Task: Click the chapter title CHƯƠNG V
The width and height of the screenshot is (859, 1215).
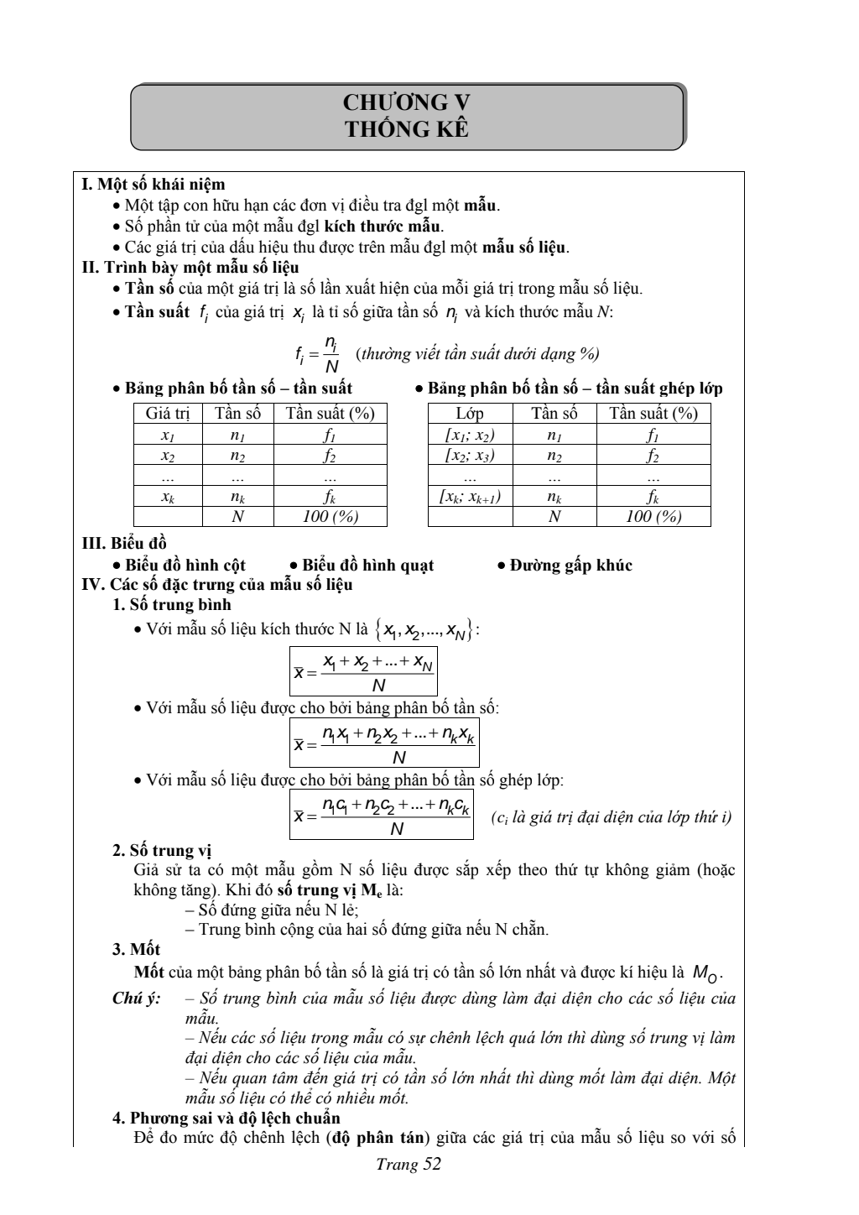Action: point(408,103)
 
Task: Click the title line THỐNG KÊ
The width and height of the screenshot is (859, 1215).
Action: point(408,129)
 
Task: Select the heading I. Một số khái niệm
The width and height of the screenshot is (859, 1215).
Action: point(153,184)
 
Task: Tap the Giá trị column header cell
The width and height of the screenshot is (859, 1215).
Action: point(168,413)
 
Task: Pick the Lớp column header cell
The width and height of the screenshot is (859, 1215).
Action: point(470,413)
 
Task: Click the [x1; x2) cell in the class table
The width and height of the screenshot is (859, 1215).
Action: point(470,435)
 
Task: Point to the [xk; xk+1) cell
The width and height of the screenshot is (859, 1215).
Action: point(470,496)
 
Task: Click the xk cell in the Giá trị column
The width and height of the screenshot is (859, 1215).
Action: point(168,496)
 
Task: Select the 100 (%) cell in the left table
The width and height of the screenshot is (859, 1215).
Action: point(331,516)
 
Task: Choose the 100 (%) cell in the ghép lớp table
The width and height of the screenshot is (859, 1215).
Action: point(653,516)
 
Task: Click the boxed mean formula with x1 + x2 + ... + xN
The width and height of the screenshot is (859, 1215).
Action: point(364,671)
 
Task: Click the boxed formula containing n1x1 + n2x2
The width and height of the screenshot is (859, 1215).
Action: point(384,743)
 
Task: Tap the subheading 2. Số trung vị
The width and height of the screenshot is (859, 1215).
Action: point(162,851)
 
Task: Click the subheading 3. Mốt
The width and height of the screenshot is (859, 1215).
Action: point(137,949)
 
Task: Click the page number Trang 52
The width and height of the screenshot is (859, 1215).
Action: point(409,1164)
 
